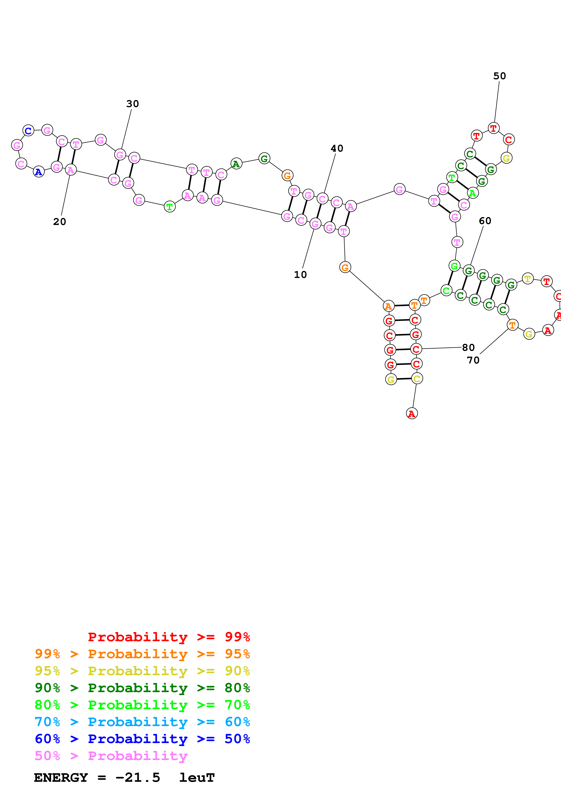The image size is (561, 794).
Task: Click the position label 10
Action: pyautogui.click(x=300, y=275)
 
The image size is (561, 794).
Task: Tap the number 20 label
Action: pyautogui.click(x=60, y=222)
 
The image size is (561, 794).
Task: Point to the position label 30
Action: pyautogui.click(x=132, y=104)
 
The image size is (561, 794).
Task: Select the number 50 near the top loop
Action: pyautogui.click(x=499, y=76)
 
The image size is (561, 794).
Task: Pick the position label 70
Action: pyautogui.click(x=473, y=360)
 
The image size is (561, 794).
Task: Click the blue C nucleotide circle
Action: pyautogui.click(x=28, y=131)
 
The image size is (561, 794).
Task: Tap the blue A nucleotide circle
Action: pyautogui.click(x=39, y=172)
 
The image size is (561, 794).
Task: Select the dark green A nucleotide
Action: pyautogui.click(x=236, y=164)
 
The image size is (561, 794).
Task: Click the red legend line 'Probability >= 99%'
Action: pyautogui.click(x=169, y=637)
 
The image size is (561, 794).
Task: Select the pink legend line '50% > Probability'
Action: pyautogui.click(x=111, y=756)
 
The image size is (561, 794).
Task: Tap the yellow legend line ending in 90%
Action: pyautogui.click(x=142, y=671)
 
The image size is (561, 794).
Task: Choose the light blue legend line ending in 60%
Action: pyautogui.click(x=142, y=722)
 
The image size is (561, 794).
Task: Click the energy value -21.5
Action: pyautogui.click(x=138, y=778)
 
